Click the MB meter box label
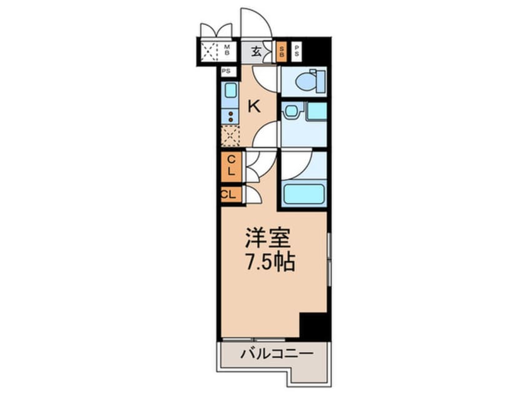(227, 50)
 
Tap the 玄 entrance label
(257, 52)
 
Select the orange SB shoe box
(281, 52)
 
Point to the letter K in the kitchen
(254, 107)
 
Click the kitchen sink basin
(231, 90)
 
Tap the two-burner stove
(231, 117)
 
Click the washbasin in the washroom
(291, 111)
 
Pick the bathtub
(304, 194)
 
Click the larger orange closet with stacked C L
(231, 167)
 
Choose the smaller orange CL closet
(231, 194)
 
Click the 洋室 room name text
(268, 237)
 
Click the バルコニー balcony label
(277, 353)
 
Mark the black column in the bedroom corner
(313, 325)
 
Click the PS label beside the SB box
(296, 52)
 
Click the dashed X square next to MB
(209, 51)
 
